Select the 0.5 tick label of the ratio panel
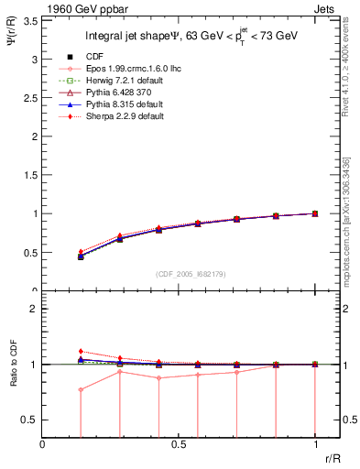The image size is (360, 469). click(31, 420)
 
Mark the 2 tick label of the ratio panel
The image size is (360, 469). click(35, 309)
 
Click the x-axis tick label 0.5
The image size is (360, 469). click(179, 445)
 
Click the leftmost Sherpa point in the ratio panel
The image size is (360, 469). click(81, 351)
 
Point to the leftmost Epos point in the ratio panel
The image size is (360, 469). click(81, 389)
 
